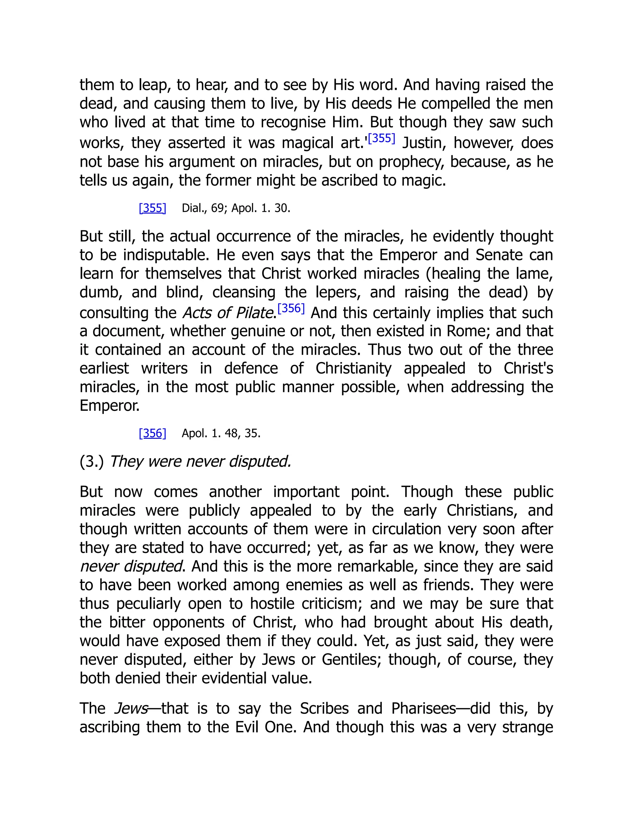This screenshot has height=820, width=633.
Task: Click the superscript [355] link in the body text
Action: pos(382,139)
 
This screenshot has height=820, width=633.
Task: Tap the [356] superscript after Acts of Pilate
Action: pos(291,308)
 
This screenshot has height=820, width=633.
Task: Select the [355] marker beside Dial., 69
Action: pos(152,208)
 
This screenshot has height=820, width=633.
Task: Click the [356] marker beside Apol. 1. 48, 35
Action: pos(152,433)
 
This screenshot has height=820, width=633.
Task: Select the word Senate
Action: pos(499,255)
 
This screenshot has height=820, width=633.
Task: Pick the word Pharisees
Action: pos(424,709)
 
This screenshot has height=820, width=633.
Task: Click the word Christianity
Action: pos(353,368)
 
